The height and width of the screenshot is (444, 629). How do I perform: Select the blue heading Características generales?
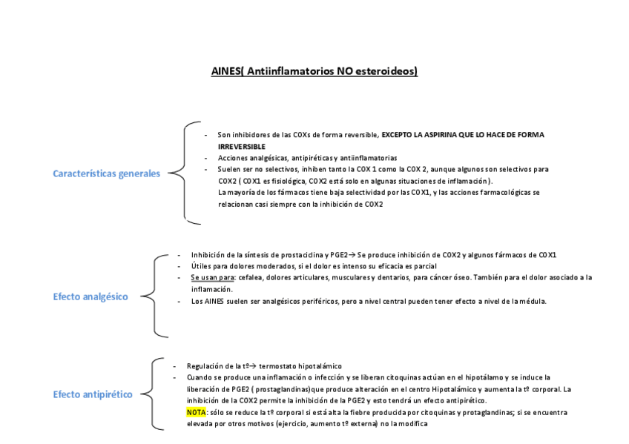click(106, 173)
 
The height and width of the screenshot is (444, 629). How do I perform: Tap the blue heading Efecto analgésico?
click(90, 296)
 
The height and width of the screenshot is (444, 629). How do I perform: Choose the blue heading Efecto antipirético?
click(93, 394)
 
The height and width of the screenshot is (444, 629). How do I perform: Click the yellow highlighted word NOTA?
click(197, 411)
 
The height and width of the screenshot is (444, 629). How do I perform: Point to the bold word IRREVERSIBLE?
click(241, 147)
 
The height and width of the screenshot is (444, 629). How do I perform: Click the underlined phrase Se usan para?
click(212, 277)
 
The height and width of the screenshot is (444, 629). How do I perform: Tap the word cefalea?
click(251, 277)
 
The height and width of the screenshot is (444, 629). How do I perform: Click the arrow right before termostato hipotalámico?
click(251, 365)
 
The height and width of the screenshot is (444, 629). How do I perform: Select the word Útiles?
click(200, 265)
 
